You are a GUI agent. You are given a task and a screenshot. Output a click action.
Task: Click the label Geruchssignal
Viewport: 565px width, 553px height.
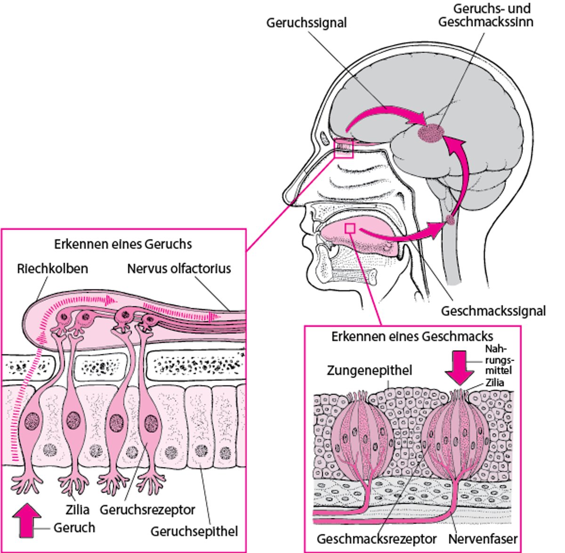coord(307,23)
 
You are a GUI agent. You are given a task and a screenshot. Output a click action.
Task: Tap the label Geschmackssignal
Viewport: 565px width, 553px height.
coord(493,311)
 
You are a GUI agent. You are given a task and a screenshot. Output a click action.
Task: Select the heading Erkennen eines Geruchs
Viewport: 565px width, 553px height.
coord(123,244)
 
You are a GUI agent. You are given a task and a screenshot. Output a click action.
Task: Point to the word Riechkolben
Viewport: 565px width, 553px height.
coord(52,268)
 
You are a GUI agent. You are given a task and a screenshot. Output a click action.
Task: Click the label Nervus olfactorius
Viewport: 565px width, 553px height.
coord(179,268)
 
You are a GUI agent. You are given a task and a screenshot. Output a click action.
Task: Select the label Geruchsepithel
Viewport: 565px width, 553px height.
coord(194,531)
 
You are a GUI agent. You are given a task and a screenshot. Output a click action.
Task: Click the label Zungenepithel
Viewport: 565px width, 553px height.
coord(369,371)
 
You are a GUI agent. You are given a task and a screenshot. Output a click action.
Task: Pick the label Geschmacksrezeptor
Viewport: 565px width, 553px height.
coord(377,539)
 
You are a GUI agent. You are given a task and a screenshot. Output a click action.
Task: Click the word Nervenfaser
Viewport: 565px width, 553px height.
coord(483,539)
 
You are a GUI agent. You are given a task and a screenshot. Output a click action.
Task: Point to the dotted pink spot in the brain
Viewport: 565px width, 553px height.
coord(430,133)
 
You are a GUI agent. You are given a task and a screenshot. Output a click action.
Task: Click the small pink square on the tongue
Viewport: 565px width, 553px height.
coord(350,228)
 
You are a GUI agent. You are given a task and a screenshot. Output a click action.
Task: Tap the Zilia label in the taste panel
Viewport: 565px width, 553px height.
coord(494,382)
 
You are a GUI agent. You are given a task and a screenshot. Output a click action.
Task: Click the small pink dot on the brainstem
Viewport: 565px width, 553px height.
coord(451,220)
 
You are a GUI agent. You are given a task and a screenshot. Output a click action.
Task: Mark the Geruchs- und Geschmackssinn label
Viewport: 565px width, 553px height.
coord(485,15)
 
